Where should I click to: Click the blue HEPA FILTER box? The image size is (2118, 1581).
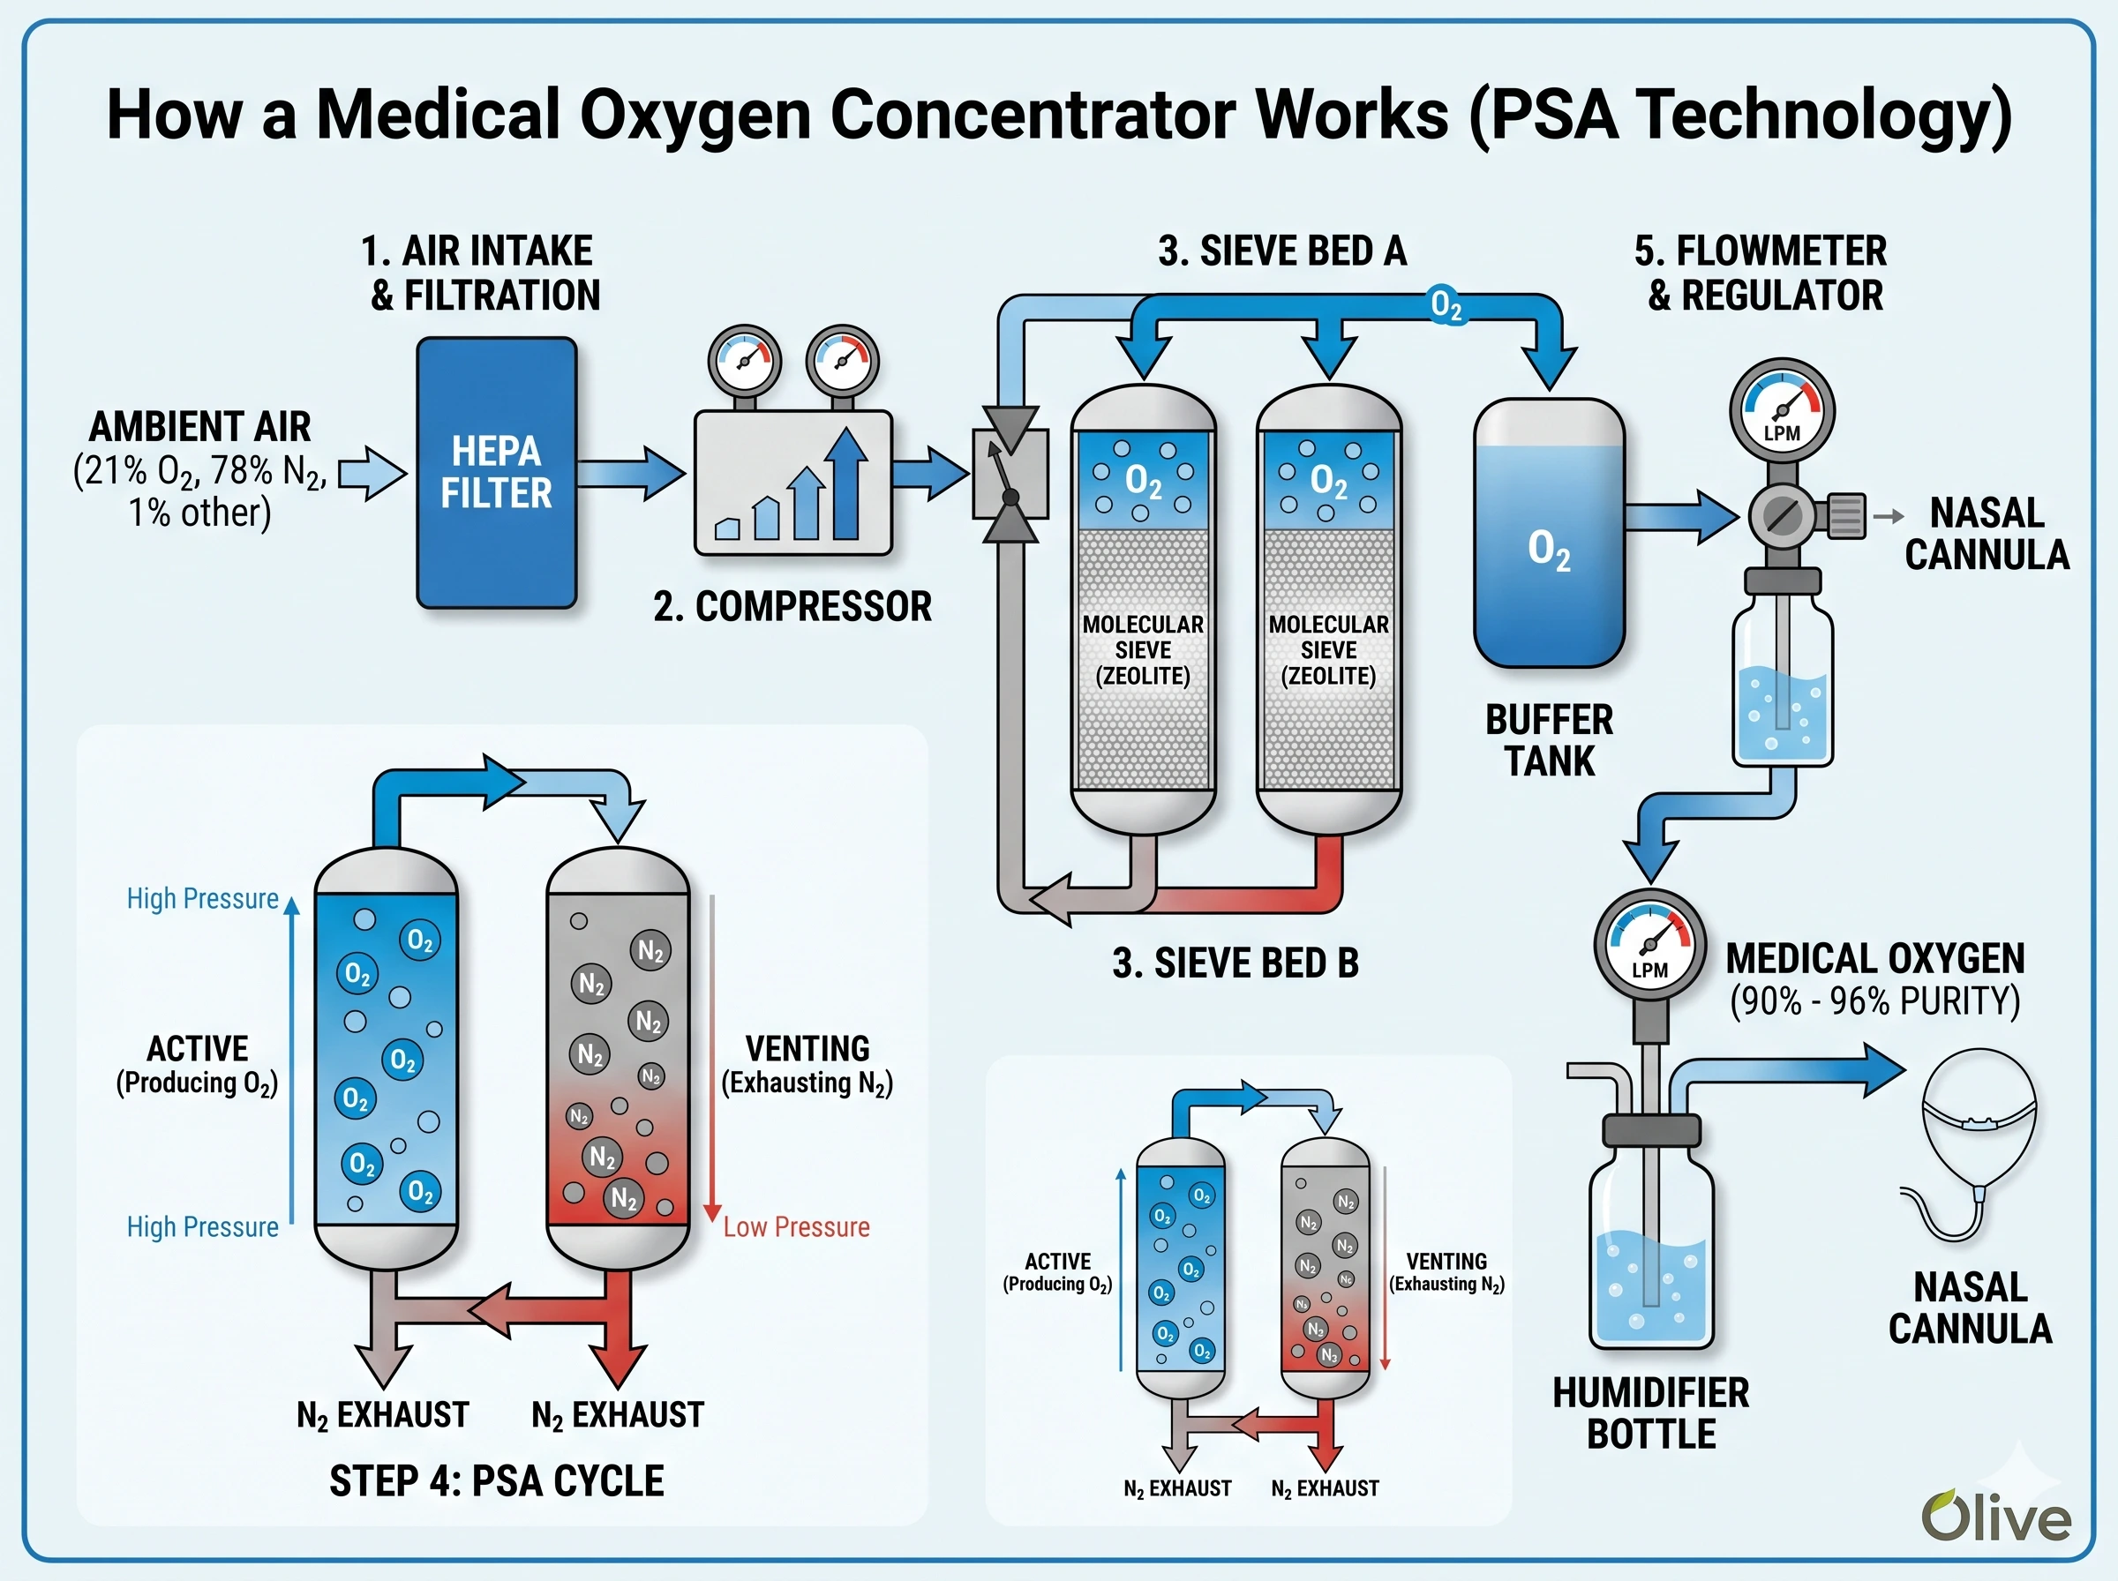point(496,473)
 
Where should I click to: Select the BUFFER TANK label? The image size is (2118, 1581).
point(1549,740)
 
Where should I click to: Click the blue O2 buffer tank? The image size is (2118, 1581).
point(1549,533)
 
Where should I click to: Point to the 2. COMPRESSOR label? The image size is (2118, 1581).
point(792,606)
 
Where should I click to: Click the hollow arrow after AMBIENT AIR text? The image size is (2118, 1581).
point(372,474)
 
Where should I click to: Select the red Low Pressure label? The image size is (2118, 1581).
point(796,1227)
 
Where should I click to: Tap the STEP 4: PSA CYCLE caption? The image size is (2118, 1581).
point(496,1480)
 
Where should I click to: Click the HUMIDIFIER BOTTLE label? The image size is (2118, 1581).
point(1650,1412)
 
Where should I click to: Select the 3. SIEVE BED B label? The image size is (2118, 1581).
point(1235,963)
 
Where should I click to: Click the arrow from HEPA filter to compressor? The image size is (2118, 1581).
point(631,473)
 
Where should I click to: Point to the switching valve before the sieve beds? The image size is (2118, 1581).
point(1010,474)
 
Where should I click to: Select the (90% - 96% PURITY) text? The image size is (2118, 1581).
point(1874,1001)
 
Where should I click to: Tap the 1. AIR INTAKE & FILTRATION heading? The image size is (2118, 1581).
point(484,273)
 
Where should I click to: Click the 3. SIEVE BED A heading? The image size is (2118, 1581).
point(1281,251)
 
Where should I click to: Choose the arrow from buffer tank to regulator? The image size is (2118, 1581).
point(1680,517)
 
